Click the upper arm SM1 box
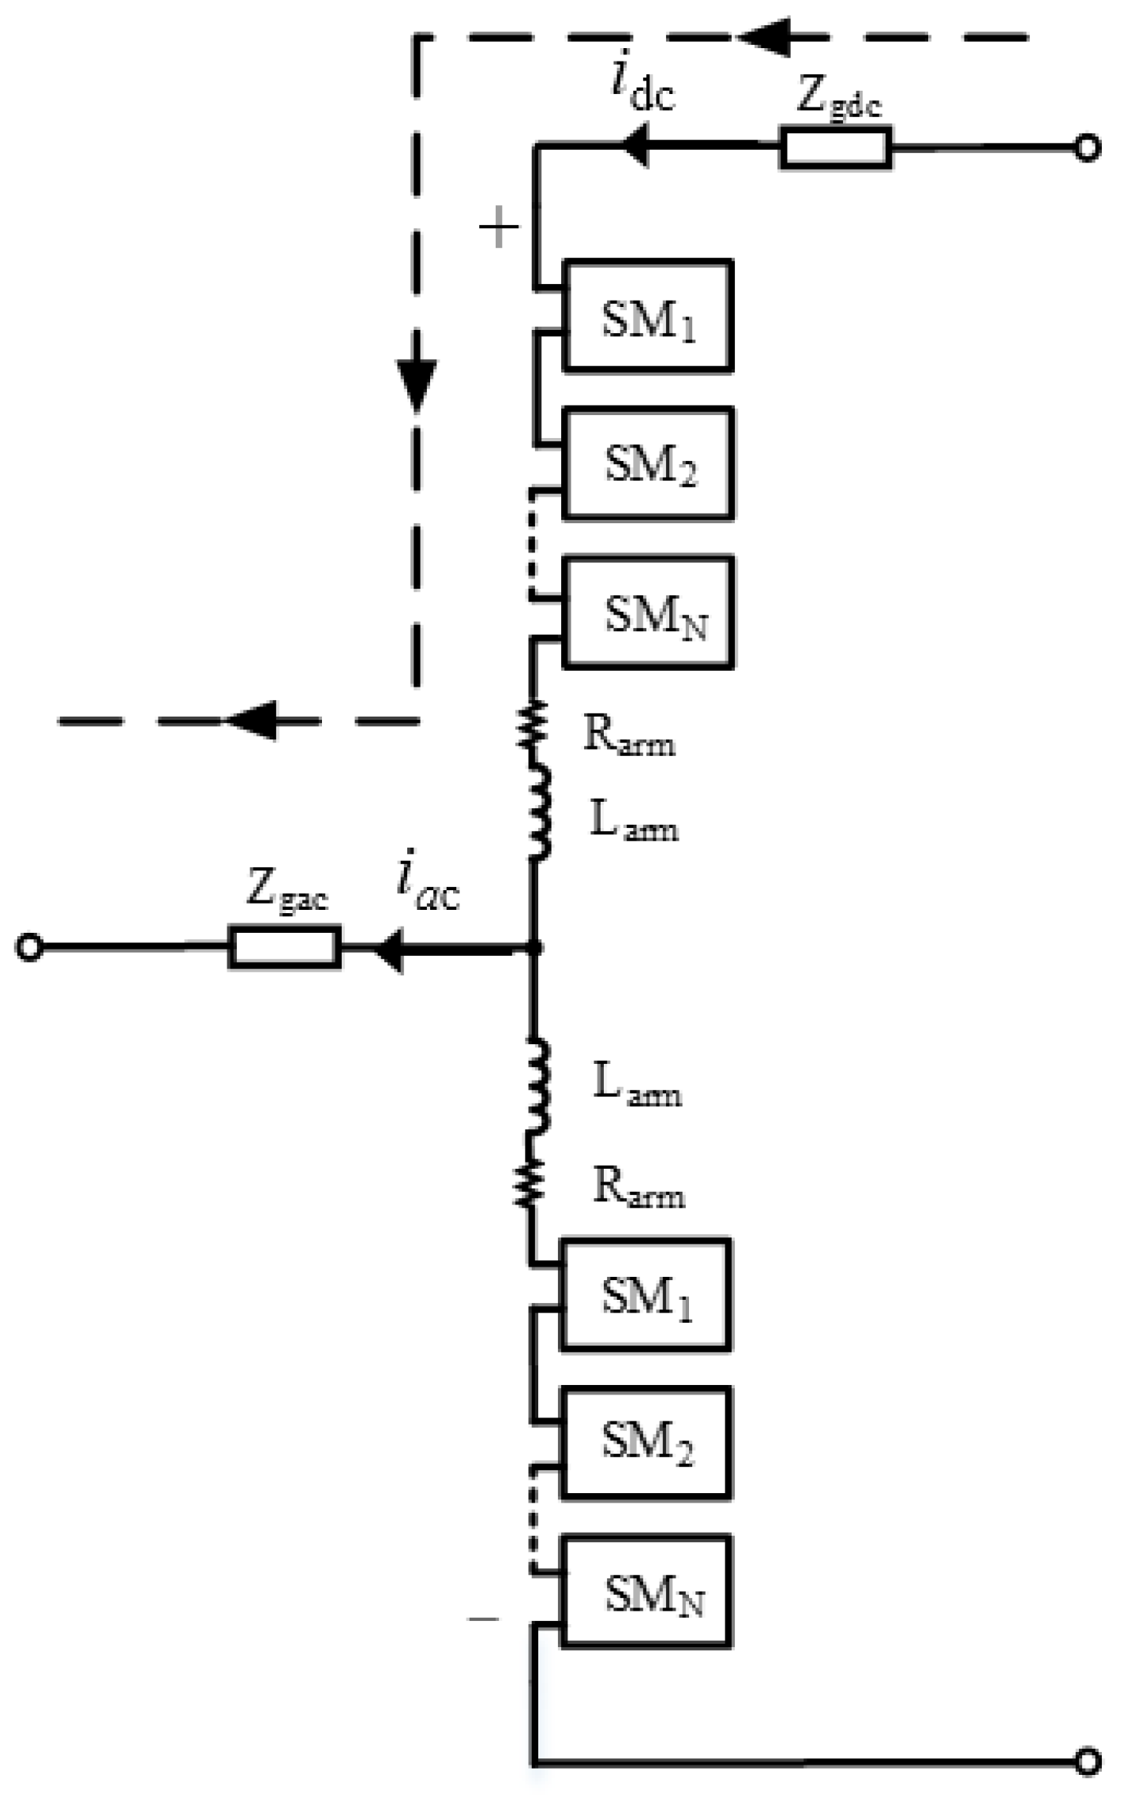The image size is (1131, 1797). point(647,316)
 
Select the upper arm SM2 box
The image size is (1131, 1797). point(648,463)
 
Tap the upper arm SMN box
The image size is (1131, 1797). point(648,613)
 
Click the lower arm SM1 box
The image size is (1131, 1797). point(645,1295)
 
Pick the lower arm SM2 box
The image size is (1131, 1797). point(646,1443)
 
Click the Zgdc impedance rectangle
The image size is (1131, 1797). point(835,148)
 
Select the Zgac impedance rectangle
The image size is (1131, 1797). point(285,947)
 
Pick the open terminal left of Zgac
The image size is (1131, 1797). point(29,947)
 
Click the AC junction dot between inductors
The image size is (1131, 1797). point(534,947)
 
